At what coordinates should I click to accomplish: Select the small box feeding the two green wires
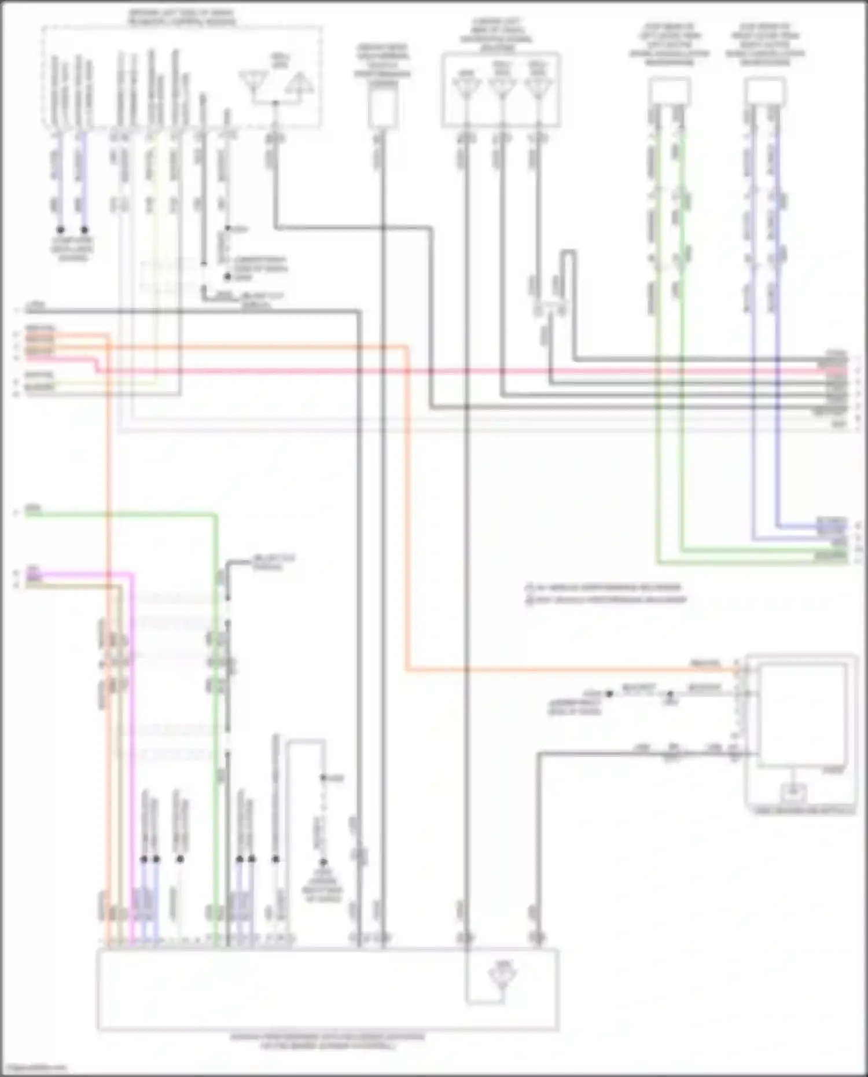[x=670, y=91]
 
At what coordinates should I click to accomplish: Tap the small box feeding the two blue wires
[x=765, y=91]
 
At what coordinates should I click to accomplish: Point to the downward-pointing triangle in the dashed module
[x=253, y=81]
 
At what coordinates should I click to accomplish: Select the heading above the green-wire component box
[x=670, y=44]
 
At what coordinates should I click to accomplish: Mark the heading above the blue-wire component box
[x=765, y=44]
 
